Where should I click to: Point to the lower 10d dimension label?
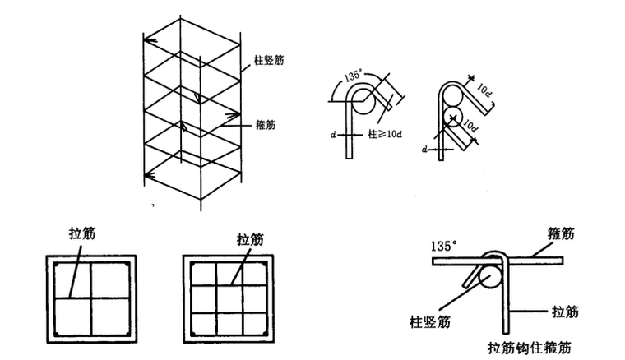click(x=469, y=128)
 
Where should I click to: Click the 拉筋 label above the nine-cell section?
click(x=249, y=239)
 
